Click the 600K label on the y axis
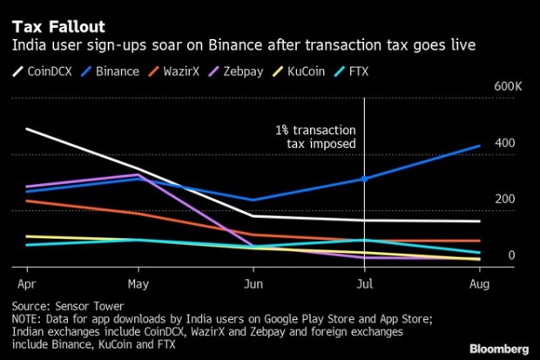coord(508,87)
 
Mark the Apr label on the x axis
coord(26,284)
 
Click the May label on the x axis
coord(138,284)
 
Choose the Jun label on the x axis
coord(251,284)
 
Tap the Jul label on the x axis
coord(364,284)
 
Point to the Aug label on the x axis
coord(477,284)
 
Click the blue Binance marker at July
coord(364,180)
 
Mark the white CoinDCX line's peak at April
coord(26,129)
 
